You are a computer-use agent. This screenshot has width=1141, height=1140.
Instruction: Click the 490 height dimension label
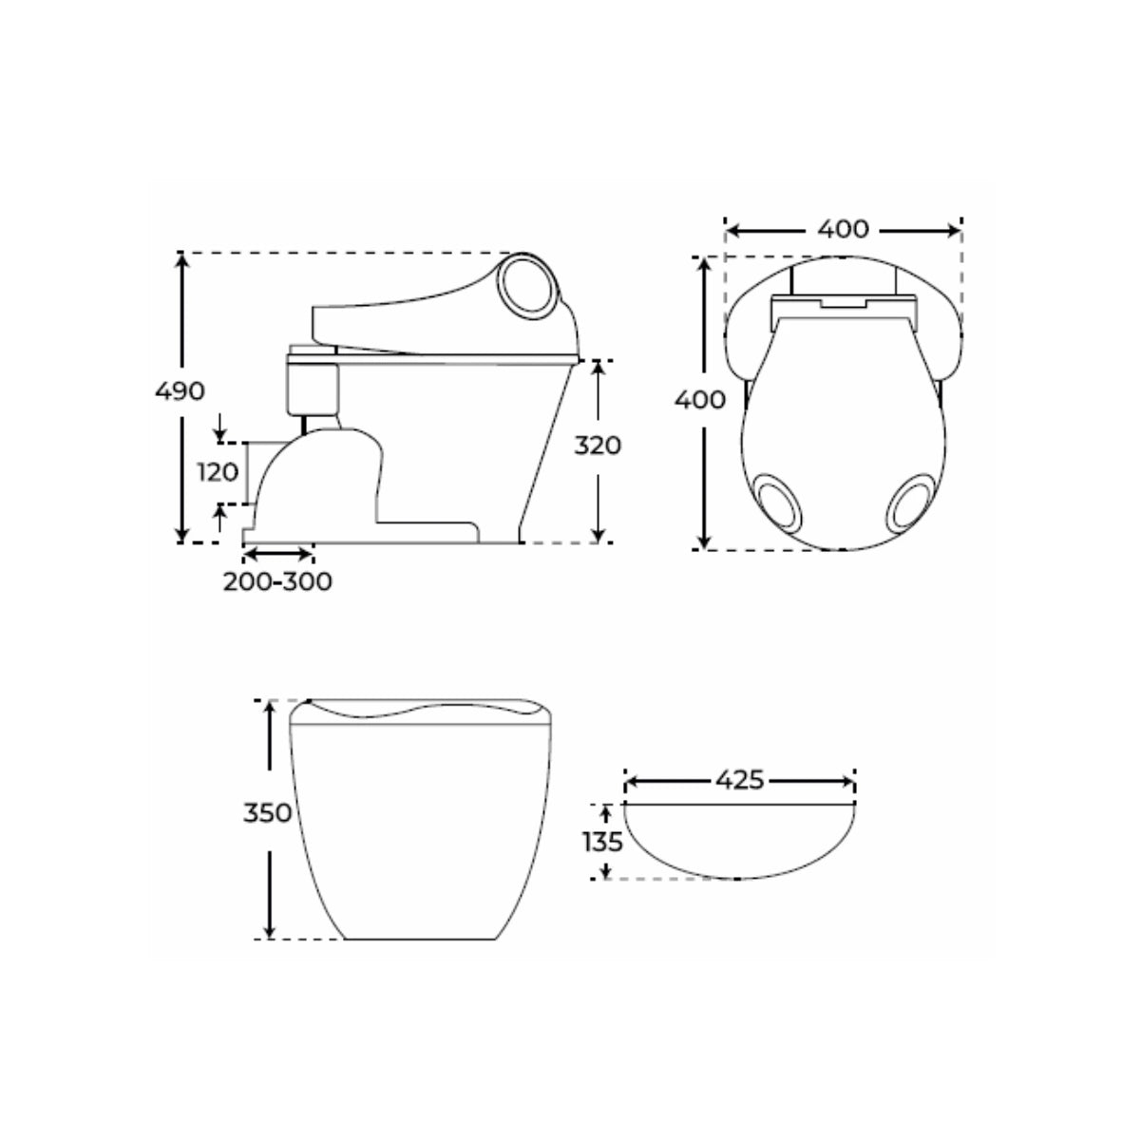tap(180, 391)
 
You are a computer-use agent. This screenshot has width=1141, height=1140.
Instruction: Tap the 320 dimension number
tap(598, 445)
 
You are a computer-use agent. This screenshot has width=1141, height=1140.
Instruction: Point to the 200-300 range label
tap(277, 581)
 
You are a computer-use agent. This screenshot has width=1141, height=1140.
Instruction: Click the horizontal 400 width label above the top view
tap(843, 229)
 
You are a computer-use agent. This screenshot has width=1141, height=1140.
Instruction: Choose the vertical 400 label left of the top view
tap(700, 399)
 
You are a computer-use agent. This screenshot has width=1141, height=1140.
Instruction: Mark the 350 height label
tap(265, 814)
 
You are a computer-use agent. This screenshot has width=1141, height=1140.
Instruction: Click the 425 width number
tap(739, 780)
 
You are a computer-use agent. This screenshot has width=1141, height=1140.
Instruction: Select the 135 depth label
tap(603, 841)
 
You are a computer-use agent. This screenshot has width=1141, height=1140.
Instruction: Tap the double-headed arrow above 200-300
tap(277, 551)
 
